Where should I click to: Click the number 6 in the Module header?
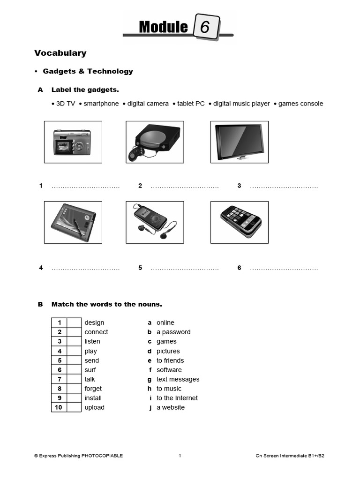click(x=205, y=28)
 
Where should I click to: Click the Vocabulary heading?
click(x=60, y=53)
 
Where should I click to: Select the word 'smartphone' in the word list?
click(x=101, y=104)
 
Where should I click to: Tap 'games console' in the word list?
click(x=300, y=104)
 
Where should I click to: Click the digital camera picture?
click(x=73, y=142)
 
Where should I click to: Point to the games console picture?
click(x=155, y=142)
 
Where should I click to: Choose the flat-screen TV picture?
click(x=239, y=142)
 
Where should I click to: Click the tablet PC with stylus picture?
click(x=73, y=222)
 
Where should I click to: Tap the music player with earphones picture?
click(x=155, y=222)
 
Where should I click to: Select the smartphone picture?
click(x=239, y=222)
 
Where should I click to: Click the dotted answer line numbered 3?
click(x=284, y=187)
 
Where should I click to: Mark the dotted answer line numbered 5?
click(x=185, y=269)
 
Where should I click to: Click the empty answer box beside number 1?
click(x=74, y=322)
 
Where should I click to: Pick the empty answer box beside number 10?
click(x=74, y=407)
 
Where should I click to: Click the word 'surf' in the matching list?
click(x=90, y=370)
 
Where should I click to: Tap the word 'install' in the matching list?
click(x=93, y=398)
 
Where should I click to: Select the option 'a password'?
click(x=173, y=332)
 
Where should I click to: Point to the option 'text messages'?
click(x=178, y=379)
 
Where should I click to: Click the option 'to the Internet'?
click(x=177, y=398)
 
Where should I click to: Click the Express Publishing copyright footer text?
click(x=78, y=456)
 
